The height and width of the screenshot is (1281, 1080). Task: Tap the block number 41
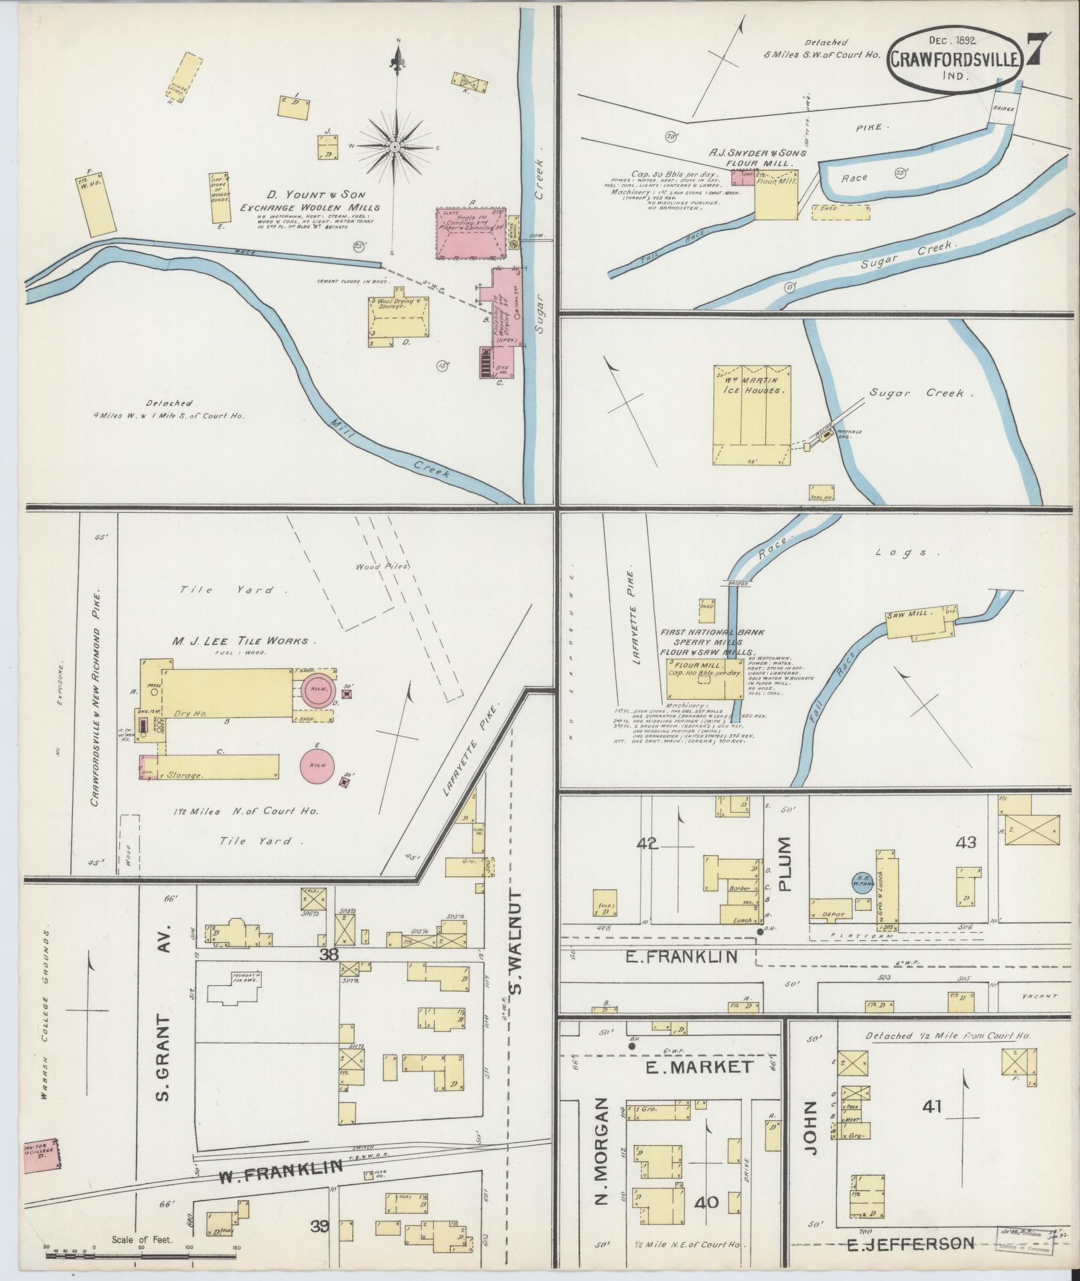tap(931, 1107)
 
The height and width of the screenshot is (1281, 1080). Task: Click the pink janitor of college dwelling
tap(41, 1156)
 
